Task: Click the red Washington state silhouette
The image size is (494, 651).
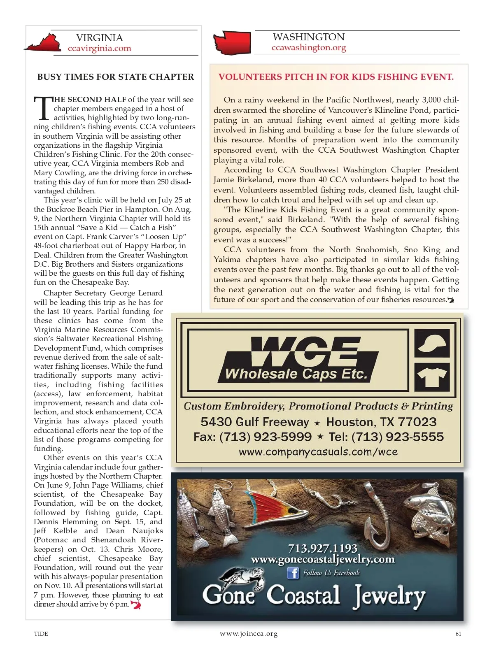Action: point(232,42)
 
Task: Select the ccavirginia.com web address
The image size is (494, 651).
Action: point(100,48)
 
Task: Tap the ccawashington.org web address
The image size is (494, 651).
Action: point(309,47)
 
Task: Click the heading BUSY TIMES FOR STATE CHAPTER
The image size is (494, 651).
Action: point(116,77)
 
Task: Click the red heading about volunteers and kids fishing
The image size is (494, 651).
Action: point(336,77)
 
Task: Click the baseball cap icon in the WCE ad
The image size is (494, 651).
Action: point(432,343)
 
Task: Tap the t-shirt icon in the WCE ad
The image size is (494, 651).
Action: point(432,377)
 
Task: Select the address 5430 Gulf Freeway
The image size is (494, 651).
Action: point(255,422)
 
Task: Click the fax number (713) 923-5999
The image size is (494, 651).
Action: point(253,437)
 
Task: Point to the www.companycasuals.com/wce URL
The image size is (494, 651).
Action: point(318,452)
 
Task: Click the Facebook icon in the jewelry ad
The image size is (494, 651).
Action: point(293,573)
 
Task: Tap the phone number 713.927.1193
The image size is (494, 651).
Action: point(322,548)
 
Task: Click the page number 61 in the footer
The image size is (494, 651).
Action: point(458,634)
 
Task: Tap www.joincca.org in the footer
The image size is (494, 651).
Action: point(249,634)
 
